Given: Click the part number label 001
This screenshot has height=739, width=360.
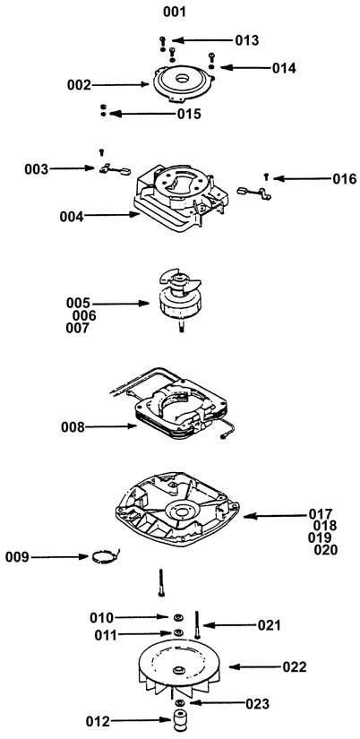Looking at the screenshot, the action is point(175,13).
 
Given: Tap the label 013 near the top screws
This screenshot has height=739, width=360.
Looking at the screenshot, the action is point(247,40).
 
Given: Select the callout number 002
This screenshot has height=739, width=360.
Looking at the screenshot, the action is point(79,85).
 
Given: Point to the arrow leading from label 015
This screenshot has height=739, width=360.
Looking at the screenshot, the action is point(142,114).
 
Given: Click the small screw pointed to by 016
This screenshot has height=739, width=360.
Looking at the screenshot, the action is point(266,176).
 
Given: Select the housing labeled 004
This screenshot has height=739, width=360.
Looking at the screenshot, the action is point(181,196).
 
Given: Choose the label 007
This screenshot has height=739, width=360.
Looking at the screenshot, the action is point(77,328).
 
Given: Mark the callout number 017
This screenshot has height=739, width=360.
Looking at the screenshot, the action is point(321,514).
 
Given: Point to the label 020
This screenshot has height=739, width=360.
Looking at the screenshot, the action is point(326,549).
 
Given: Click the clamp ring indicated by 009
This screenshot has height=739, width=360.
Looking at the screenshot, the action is point(105,557).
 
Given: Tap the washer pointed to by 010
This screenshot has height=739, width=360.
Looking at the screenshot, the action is point(177,617).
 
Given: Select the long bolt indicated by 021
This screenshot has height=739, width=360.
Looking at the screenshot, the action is point(197,624).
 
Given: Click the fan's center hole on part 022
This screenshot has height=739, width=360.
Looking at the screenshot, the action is point(178,670).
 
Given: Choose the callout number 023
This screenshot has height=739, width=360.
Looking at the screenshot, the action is point(258,704).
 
